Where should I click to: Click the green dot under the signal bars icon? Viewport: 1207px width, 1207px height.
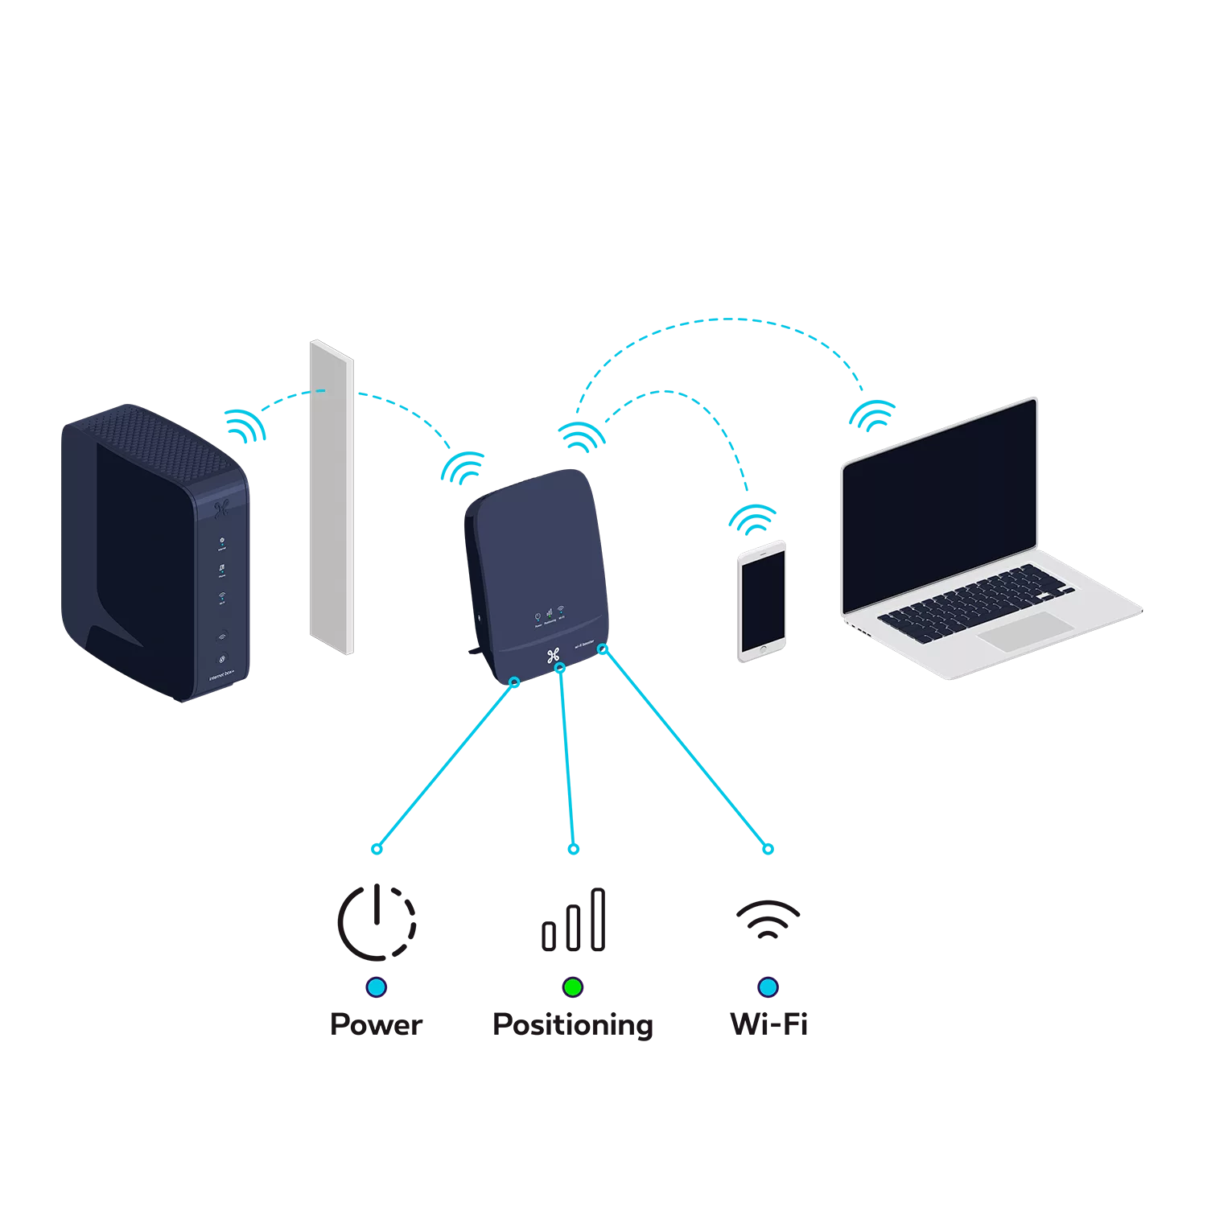tap(572, 987)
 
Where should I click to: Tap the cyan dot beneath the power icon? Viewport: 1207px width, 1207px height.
tap(376, 987)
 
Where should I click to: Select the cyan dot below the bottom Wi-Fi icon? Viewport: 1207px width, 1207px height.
tap(768, 987)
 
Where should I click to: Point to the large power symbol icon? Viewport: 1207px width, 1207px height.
tap(376, 921)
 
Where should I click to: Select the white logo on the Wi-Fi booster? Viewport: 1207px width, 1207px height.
tap(553, 655)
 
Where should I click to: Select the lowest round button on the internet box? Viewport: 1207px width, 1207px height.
tap(222, 657)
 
